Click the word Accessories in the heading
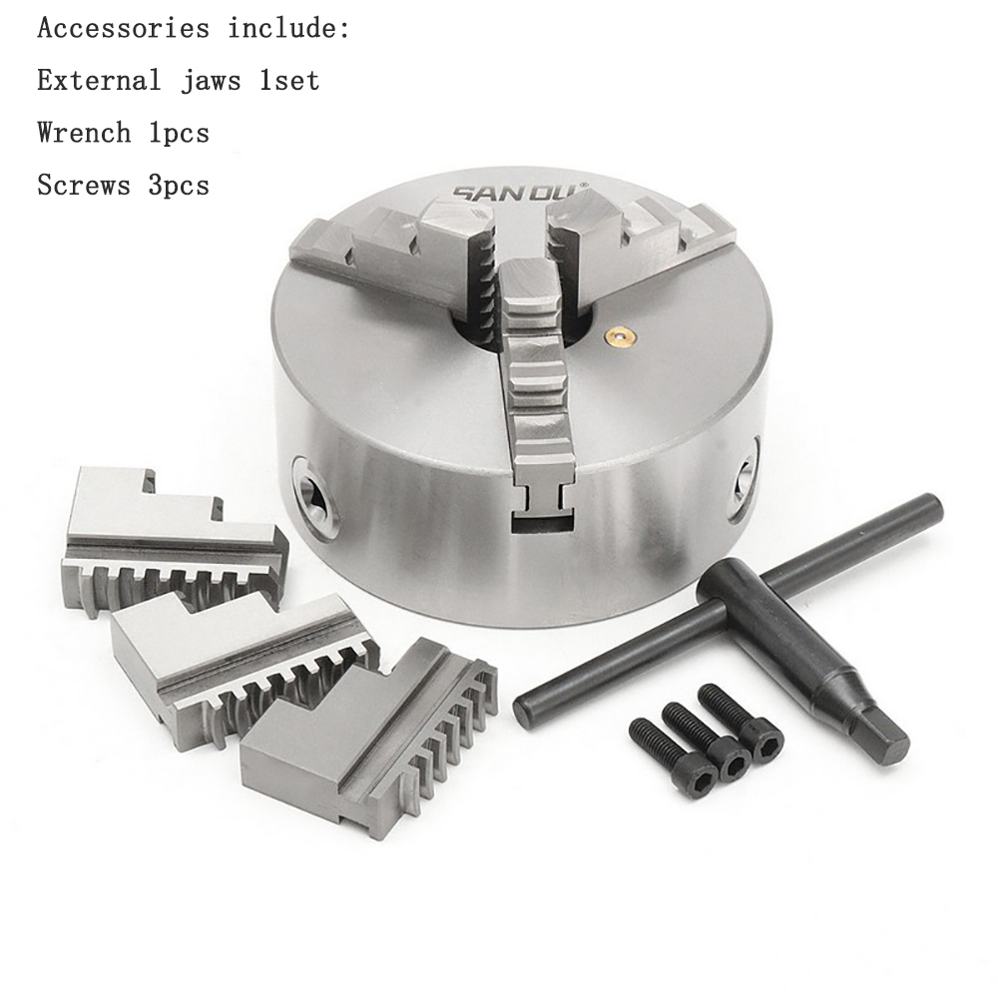pos(124,29)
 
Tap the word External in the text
pos(99,81)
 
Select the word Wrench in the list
pos(84,133)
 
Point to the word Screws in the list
pos(84,186)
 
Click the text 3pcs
pos(179,186)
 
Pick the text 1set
pos(289,81)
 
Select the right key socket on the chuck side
pos(746,481)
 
